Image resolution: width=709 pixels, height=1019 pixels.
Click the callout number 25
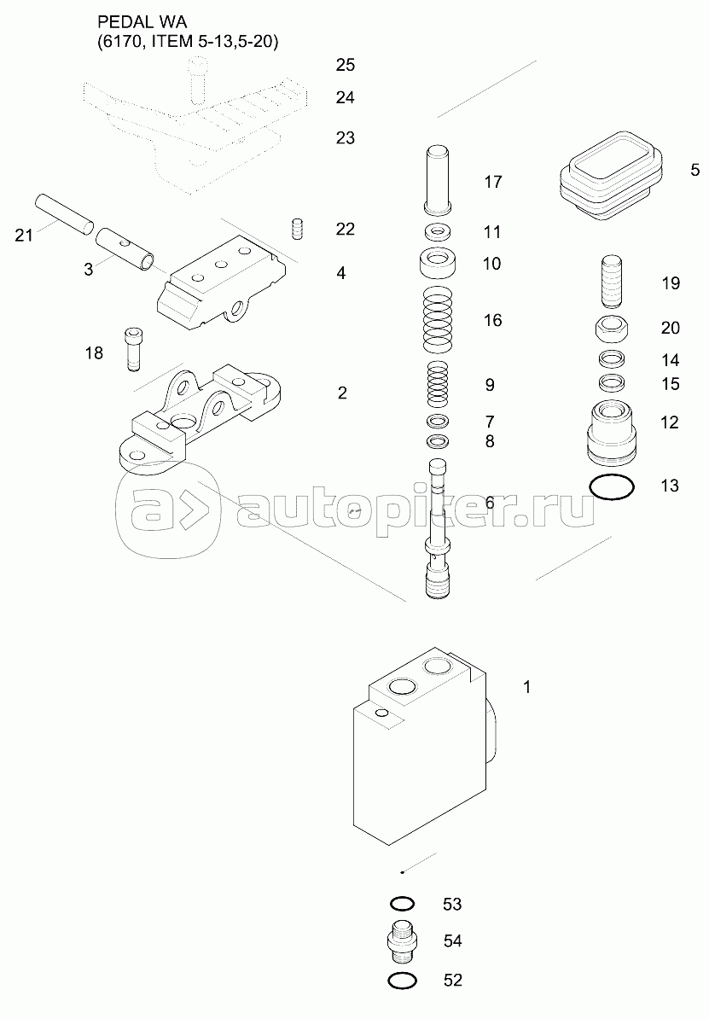click(x=345, y=65)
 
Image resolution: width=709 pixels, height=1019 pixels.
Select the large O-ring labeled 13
click(x=612, y=487)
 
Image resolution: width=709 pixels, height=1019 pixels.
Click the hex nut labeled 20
click(x=612, y=329)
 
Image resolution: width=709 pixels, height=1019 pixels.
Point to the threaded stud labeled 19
click(x=612, y=282)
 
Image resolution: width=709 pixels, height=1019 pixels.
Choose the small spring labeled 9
click(x=437, y=384)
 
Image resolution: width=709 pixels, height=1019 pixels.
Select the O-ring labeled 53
click(x=402, y=903)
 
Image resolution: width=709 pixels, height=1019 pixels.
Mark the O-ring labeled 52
click(x=401, y=981)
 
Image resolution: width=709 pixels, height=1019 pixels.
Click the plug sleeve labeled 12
click(x=611, y=432)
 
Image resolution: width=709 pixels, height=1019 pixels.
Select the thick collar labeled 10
click(x=437, y=263)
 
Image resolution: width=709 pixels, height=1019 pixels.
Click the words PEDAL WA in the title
click(x=142, y=23)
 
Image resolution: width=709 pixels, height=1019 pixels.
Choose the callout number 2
click(x=342, y=393)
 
